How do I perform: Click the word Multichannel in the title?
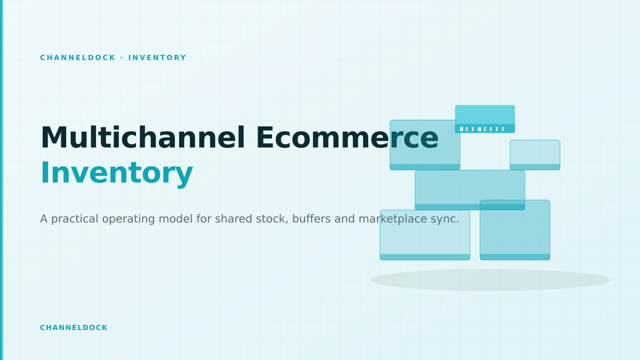[143, 138]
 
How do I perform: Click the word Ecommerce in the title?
[347, 138]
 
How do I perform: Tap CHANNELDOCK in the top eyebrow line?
[78, 58]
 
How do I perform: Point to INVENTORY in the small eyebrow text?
[157, 58]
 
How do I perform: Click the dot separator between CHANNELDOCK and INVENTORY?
[122, 58]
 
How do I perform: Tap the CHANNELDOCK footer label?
[74, 327]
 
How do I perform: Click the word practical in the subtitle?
[74, 219]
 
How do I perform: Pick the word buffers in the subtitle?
[311, 219]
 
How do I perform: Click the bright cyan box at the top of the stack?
[485, 119]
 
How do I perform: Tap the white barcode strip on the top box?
[482, 129]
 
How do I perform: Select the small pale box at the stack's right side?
[535, 155]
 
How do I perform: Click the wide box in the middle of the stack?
[470, 190]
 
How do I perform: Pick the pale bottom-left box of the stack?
[425, 235]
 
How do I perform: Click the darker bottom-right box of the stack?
[515, 230]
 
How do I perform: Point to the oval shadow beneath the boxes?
[490, 280]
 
